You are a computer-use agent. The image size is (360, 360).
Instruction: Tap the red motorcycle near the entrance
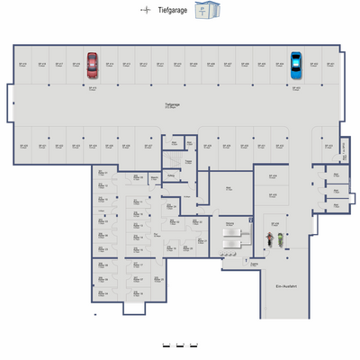coord(268,240)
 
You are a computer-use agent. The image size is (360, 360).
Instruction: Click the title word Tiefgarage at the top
coord(172,10)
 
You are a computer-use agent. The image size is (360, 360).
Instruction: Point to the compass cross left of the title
coord(145,10)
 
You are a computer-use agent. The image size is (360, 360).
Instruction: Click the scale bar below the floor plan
coord(179,345)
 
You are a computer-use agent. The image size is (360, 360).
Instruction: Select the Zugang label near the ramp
coord(255,264)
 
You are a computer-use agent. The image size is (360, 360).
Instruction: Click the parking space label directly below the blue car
coord(296,88)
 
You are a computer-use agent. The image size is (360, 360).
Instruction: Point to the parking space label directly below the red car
coord(92,88)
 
